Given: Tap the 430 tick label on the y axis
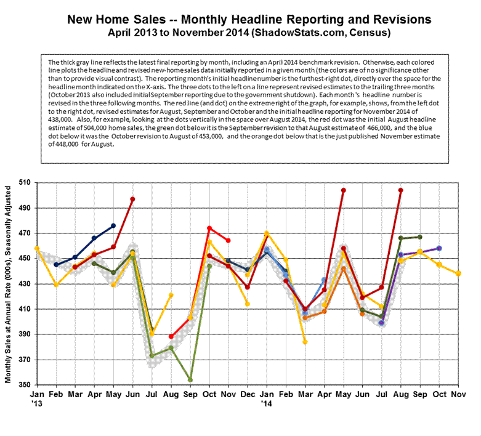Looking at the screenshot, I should click(23, 284).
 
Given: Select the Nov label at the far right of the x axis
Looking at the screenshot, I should click(458, 394).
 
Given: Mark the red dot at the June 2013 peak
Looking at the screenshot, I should click(132, 199).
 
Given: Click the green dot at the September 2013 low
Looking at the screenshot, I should click(190, 380).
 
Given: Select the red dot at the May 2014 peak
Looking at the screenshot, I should click(344, 190).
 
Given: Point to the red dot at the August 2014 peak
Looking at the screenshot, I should click(401, 190).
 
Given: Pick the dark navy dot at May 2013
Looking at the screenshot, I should click(113, 225).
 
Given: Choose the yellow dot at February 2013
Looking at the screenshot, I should click(56, 285).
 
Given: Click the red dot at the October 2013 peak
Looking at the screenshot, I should click(209, 228).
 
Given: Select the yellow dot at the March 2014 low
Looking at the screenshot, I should click(305, 342).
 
